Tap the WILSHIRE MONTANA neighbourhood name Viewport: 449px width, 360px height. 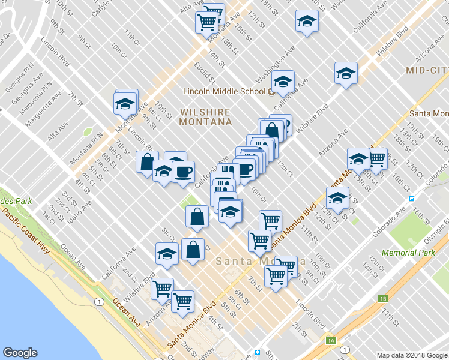point(205,117)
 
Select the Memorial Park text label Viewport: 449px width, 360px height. point(408,253)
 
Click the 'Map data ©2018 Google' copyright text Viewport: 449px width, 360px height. point(412,355)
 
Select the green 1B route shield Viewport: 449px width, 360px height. point(383,298)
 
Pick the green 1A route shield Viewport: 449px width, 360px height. point(330,341)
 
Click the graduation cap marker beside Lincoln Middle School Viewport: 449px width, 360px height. point(283,81)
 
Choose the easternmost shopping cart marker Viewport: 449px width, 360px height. point(376,158)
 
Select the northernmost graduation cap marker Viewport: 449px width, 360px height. point(307,22)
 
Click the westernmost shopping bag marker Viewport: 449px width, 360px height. point(147,161)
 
